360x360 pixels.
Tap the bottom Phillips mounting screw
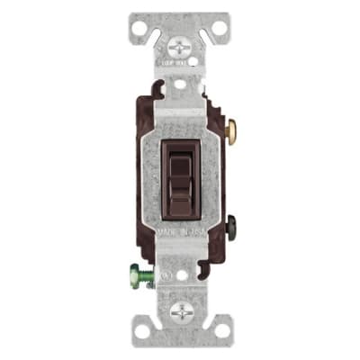coord(179,312)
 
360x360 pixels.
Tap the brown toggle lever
coord(179,175)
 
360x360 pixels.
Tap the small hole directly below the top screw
coord(179,82)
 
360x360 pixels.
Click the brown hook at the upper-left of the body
coord(155,90)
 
